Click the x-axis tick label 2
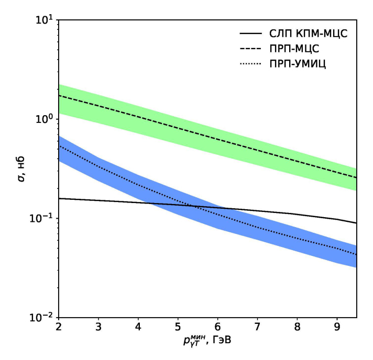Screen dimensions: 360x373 click(x=59, y=328)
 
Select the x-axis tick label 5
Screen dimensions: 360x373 click(x=178, y=328)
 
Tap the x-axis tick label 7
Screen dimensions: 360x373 click(x=257, y=328)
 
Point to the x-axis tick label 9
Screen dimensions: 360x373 click(x=337, y=328)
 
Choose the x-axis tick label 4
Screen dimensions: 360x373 click(x=138, y=328)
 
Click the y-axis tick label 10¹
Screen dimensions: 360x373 click(x=44, y=20)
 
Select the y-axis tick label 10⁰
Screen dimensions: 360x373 click(x=44, y=119)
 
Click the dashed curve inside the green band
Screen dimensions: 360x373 click(x=210, y=130)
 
